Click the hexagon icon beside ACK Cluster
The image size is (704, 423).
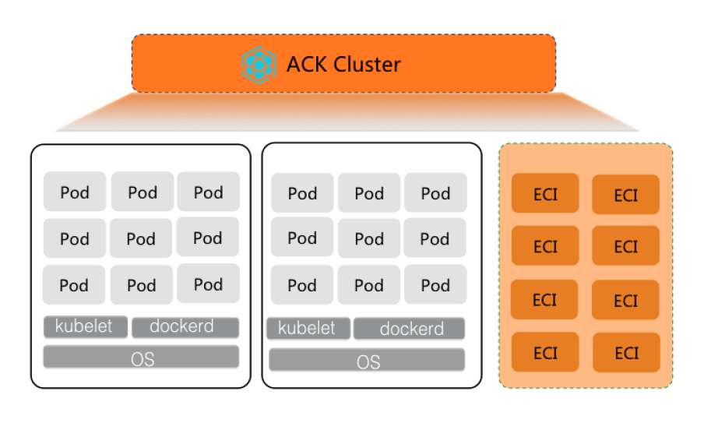pyautogui.click(x=259, y=64)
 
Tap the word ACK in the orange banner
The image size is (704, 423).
pyautogui.click(x=308, y=64)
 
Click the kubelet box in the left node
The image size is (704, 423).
pyautogui.click(x=84, y=326)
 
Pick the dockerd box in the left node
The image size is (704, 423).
pyautogui.click(x=185, y=327)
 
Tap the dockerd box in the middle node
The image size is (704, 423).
pyautogui.click(x=409, y=329)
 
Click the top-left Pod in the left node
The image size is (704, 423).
pyautogui.click(x=75, y=192)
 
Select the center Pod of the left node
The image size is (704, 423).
pyautogui.click(x=141, y=238)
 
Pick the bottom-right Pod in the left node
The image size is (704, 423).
pyautogui.click(x=208, y=284)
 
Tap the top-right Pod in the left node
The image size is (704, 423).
pyautogui.click(x=208, y=192)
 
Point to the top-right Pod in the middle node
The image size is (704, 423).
pyautogui.click(x=435, y=193)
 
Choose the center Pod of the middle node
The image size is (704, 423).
pyautogui.click(x=369, y=238)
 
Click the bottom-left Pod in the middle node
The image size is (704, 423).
pyautogui.click(x=302, y=285)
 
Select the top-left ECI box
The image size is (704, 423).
pyautogui.click(x=545, y=193)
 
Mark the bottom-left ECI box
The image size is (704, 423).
pyautogui.click(x=545, y=352)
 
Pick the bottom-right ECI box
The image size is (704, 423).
pyautogui.click(x=625, y=353)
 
